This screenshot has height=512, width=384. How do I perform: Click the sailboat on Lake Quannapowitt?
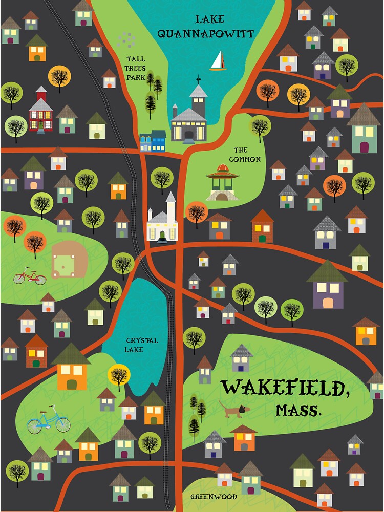(218, 61)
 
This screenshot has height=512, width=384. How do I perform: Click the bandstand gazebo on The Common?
(222, 182)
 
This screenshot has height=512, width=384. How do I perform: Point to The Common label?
(244, 155)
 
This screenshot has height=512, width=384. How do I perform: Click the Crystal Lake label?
(142, 345)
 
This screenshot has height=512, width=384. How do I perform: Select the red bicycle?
(30, 276)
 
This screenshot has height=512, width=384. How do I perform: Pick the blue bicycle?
(48, 420)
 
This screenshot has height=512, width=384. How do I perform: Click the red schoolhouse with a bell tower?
(40, 111)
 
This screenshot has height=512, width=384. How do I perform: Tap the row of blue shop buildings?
(153, 141)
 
